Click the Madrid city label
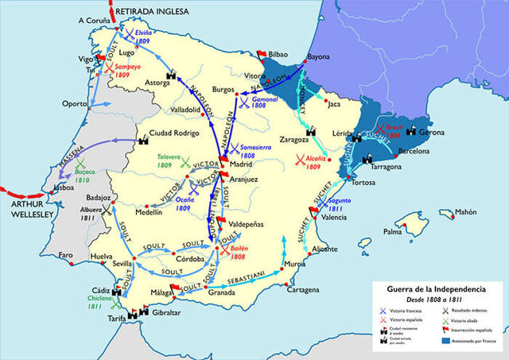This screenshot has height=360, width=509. coord(246,164)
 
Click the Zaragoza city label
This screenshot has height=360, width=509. coord(276,138)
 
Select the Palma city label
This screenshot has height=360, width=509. coord(392,232)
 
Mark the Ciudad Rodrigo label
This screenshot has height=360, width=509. coord(175,134)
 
